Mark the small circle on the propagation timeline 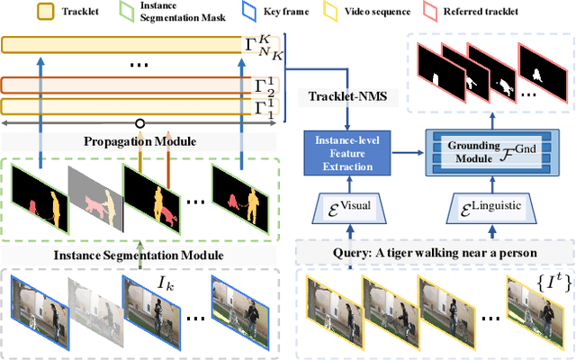click(139, 123)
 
